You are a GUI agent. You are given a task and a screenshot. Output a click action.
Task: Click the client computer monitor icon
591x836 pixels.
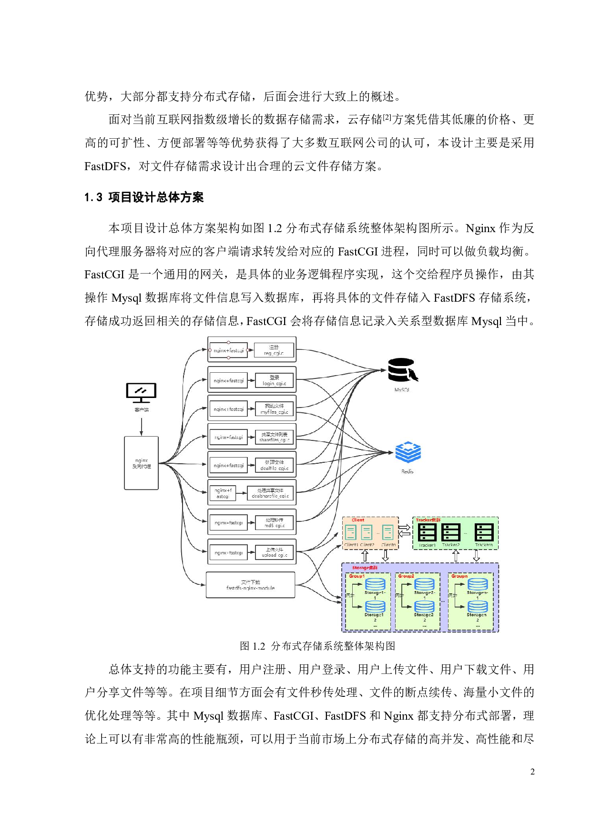click(141, 393)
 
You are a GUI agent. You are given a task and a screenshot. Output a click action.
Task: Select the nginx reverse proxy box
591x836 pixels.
click(141, 463)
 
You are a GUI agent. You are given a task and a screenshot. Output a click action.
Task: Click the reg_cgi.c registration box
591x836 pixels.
click(274, 350)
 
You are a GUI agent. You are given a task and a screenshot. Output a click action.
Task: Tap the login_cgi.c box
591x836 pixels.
click(274, 380)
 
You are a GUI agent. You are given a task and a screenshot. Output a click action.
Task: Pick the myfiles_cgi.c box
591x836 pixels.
click(274, 409)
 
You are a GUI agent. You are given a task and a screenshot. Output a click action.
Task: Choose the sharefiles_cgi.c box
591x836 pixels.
click(274, 437)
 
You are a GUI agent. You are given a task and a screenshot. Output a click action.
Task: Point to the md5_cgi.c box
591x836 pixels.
click(274, 523)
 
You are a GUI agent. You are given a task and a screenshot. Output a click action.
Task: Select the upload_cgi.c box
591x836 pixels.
click(274, 552)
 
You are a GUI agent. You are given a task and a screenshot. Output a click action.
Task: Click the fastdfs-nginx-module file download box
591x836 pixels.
click(250, 585)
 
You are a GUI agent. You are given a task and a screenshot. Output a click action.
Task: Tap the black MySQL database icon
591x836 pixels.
click(401, 370)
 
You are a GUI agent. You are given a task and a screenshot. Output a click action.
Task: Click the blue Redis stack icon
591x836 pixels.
click(408, 452)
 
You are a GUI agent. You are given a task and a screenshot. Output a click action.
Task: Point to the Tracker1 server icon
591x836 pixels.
click(427, 532)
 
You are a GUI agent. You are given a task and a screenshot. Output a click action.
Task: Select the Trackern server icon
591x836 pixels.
click(484, 532)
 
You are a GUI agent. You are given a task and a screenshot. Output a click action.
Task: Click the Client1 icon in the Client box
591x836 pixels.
click(351, 532)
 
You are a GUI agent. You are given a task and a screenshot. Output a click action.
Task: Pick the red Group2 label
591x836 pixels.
click(406, 576)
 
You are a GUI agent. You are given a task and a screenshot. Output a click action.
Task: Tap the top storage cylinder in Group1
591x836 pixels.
click(375, 584)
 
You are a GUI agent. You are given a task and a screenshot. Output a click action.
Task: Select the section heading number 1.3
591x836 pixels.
click(93, 197)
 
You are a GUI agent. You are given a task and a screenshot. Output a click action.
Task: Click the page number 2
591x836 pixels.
click(532, 772)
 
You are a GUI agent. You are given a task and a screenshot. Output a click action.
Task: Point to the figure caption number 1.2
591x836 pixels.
click(259, 646)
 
